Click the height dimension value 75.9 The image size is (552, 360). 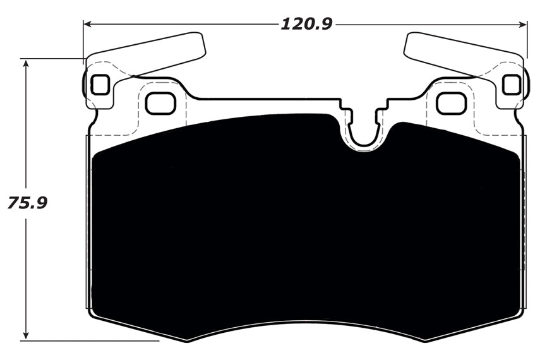pos(27,203)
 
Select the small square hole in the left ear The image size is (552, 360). pos(100,84)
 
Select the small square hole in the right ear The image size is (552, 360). pos(511,84)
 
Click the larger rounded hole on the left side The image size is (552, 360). pos(160,103)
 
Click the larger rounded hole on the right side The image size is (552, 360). pos(451,103)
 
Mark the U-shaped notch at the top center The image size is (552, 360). pos(364,129)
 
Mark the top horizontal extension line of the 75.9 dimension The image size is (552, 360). pos(54,59)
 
